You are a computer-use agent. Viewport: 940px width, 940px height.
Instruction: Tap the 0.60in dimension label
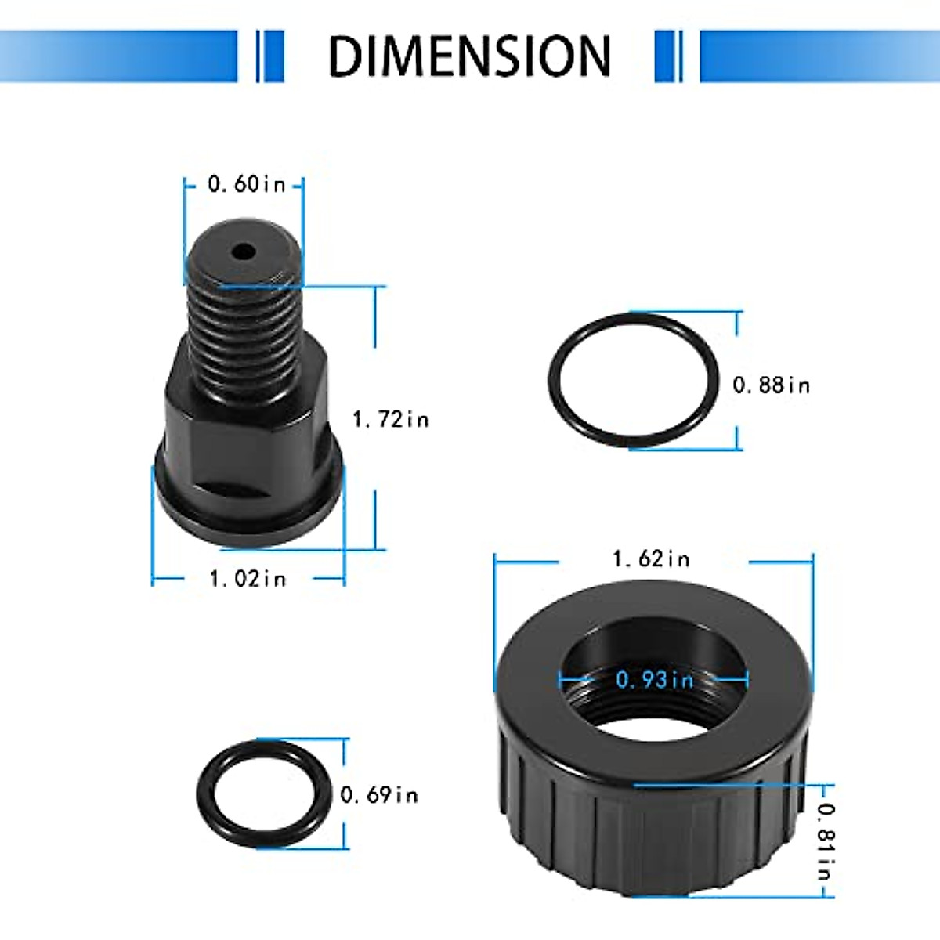point(246,185)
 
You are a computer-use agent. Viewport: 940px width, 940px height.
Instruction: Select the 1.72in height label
point(391,420)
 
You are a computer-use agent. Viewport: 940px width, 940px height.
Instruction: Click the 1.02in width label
point(248,579)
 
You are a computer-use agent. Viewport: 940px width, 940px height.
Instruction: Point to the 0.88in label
point(771,385)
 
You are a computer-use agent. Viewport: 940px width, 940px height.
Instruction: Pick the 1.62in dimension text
point(651,559)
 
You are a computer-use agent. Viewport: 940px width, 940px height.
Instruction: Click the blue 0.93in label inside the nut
point(655,679)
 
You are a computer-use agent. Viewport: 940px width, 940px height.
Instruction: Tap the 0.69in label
point(379,795)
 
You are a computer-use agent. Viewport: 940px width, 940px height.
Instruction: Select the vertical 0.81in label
point(826,841)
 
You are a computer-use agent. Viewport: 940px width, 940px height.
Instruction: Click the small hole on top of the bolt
point(244,252)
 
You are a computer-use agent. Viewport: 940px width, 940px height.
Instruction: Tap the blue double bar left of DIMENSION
point(270,56)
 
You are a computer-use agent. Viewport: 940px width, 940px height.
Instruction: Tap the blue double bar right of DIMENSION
point(668,56)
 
